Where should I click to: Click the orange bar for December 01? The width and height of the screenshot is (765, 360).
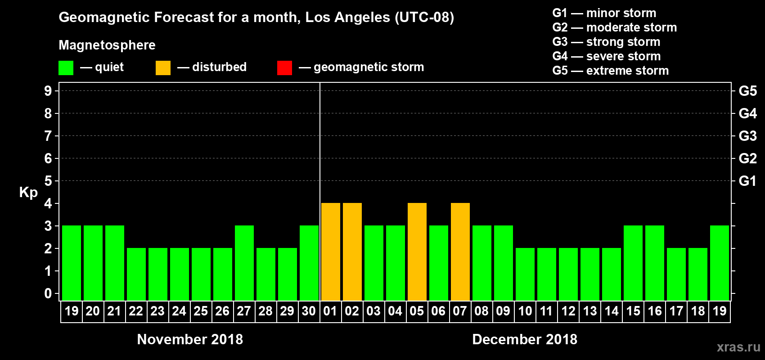tap(331, 252)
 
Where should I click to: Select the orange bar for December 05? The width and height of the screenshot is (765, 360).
tap(417, 252)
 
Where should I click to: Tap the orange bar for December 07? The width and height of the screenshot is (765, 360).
tap(460, 252)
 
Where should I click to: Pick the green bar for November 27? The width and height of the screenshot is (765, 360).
tap(244, 263)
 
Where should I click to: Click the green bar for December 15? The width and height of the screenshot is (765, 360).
tap(633, 263)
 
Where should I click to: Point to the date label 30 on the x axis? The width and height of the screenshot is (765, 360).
tap(309, 311)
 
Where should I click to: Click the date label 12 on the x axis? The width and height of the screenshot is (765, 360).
tap(568, 311)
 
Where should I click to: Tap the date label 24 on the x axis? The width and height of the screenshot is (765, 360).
tap(179, 311)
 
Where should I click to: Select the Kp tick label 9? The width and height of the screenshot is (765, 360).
tap(48, 91)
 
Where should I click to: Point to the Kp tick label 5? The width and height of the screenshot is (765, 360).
tap(48, 181)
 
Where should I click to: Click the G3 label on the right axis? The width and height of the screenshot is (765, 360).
tap(747, 136)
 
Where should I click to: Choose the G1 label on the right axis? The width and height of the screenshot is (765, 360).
tap(747, 181)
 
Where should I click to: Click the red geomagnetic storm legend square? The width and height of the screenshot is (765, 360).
tap(284, 68)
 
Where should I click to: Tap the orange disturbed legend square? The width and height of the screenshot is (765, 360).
tap(163, 68)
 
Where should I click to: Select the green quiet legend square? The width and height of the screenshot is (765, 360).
tap(66, 68)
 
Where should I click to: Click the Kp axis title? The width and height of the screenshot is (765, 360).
tap(28, 193)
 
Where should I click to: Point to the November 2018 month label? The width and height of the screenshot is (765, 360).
tap(190, 339)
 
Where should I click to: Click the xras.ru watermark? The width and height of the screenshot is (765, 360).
tap(738, 347)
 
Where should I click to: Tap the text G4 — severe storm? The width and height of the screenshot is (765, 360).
tap(606, 56)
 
